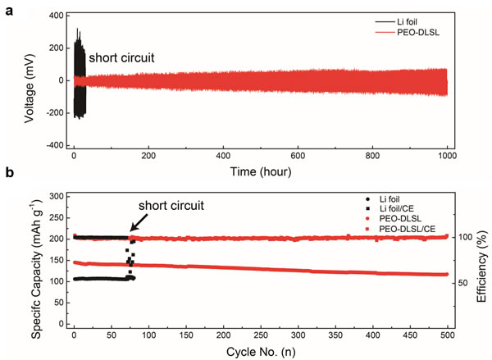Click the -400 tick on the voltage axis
(52, 144)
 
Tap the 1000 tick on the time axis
(446, 156)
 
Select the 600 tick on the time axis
(298, 156)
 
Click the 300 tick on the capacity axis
(57, 197)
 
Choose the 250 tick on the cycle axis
(261, 335)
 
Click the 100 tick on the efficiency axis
(461, 238)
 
